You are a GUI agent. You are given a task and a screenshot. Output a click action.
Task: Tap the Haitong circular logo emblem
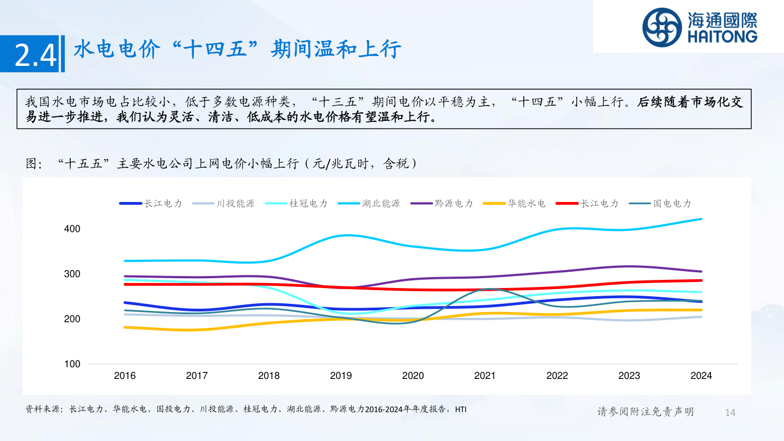pyautogui.click(x=661, y=27)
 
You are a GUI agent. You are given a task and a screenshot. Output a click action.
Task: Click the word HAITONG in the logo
pyautogui.click(x=722, y=37)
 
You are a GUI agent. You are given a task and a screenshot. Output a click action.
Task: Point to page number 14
pyautogui.click(x=730, y=412)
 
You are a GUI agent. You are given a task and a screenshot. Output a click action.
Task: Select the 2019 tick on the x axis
pyautogui.click(x=341, y=376)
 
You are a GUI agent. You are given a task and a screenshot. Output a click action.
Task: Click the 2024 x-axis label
pyautogui.click(x=701, y=376)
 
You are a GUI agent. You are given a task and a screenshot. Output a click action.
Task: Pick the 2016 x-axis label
pyautogui.click(x=125, y=376)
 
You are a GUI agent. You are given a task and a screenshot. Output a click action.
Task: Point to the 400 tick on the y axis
pyautogui.click(x=72, y=229)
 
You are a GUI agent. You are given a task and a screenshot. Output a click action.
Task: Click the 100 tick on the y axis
pyautogui.click(x=72, y=364)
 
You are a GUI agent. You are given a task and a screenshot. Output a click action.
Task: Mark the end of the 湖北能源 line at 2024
pyautogui.click(x=701, y=219)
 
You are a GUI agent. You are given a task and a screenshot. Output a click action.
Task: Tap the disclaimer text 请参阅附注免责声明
pyautogui.click(x=645, y=412)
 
